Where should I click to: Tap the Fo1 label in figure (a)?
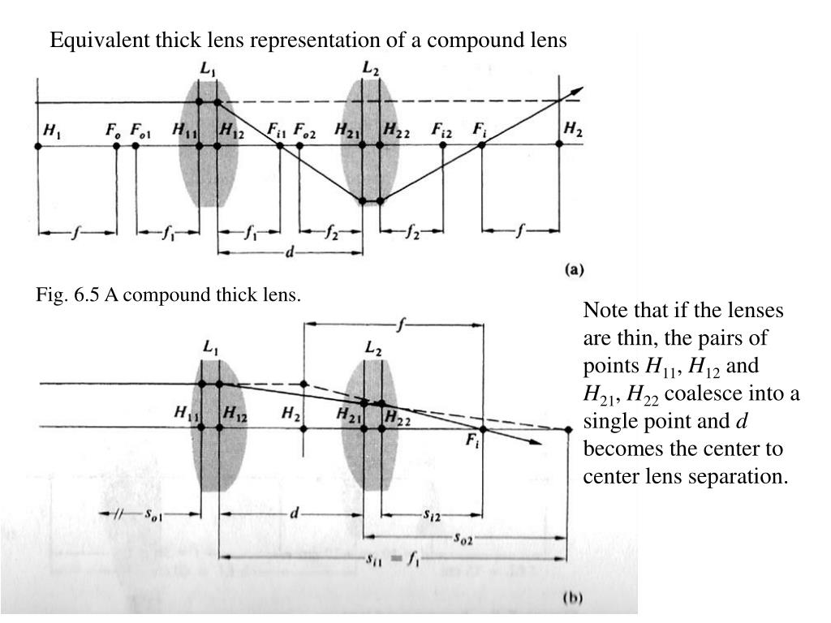tap(140, 130)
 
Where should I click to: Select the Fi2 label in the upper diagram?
tap(442, 130)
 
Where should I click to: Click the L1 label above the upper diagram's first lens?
tap(208, 71)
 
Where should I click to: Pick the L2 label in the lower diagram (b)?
tap(373, 349)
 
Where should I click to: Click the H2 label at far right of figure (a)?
tap(572, 130)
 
